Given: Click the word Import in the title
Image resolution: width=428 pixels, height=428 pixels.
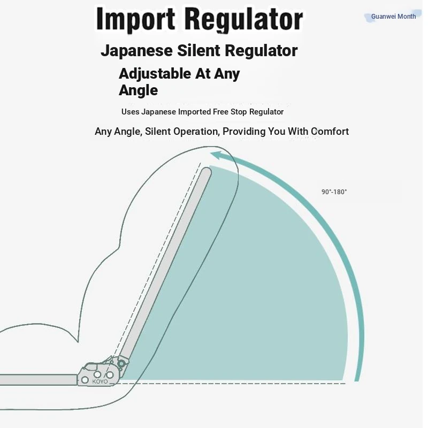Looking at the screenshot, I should click(136, 20).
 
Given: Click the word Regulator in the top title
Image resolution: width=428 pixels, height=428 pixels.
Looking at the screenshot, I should click(244, 20).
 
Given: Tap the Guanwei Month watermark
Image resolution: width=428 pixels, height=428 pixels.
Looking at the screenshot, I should click(393, 17).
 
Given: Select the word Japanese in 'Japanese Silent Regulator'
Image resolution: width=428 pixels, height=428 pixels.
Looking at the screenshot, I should click(136, 51).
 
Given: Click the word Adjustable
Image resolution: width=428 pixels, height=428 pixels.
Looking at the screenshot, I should click(155, 73).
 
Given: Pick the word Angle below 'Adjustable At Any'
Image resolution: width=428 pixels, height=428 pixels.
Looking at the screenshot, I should click(138, 90).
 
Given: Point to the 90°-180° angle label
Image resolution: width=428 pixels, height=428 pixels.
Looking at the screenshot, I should click(334, 192).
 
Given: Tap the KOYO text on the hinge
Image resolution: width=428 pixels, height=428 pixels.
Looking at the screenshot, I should click(100, 381).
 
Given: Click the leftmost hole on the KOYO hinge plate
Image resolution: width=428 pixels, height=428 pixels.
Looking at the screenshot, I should click(85, 380).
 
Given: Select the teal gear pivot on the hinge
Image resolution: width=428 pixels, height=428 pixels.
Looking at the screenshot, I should click(122, 364).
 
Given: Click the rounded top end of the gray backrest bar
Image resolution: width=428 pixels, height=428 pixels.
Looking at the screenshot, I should click(207, 172).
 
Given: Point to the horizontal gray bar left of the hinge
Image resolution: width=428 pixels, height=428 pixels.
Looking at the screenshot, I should click(37, 380).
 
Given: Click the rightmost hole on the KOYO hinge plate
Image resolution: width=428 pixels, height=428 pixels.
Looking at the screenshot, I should click(110, 375).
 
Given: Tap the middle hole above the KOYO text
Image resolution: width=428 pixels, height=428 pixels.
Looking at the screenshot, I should click(98, 373).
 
